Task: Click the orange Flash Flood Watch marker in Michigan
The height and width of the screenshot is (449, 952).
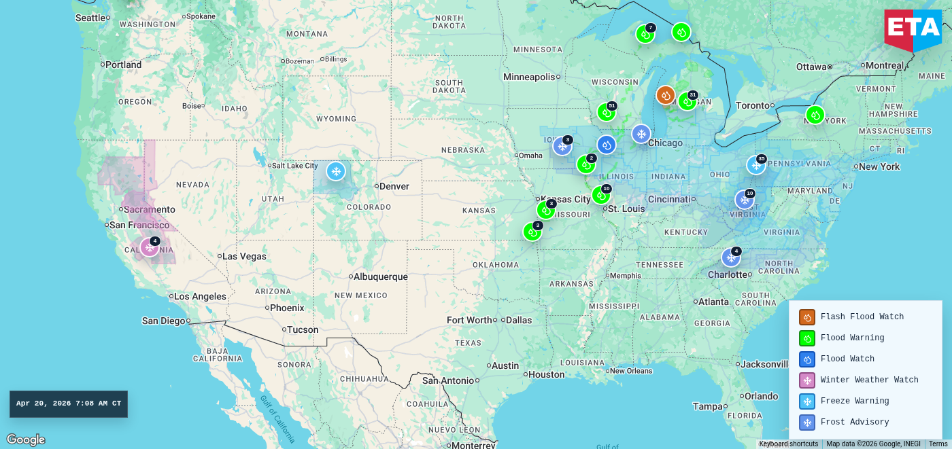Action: (665, 95)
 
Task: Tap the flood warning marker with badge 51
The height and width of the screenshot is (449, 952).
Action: (606, 112)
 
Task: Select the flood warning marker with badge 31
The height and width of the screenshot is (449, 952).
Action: (687, 101)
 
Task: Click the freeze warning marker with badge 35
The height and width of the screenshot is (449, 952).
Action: (755, 165)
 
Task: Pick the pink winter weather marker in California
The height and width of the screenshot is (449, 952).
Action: (150, 247)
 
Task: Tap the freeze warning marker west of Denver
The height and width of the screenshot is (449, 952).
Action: (336, 171)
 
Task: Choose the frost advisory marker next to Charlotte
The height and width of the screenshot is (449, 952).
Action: (731, 257)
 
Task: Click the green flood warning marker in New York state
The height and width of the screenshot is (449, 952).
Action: (815, 115)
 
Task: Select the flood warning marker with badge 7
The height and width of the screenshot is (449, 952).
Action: (645, 34)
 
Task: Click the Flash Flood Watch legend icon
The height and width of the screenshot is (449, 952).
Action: (807, 317)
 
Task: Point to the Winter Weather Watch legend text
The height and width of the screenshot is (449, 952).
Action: (869, 380)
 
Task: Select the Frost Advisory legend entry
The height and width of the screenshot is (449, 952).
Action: (855, 423)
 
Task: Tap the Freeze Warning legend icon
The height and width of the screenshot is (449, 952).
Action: (807, 401)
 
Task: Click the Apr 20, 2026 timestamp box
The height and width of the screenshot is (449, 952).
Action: (69, 403)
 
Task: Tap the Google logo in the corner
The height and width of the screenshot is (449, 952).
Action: (26, 439)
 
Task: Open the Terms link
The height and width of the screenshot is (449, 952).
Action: (938, 444)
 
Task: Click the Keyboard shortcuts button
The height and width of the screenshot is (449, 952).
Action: (788, 444)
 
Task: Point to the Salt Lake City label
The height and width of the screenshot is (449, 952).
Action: (294, 166)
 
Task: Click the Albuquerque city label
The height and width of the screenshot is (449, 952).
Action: (381, 276)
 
